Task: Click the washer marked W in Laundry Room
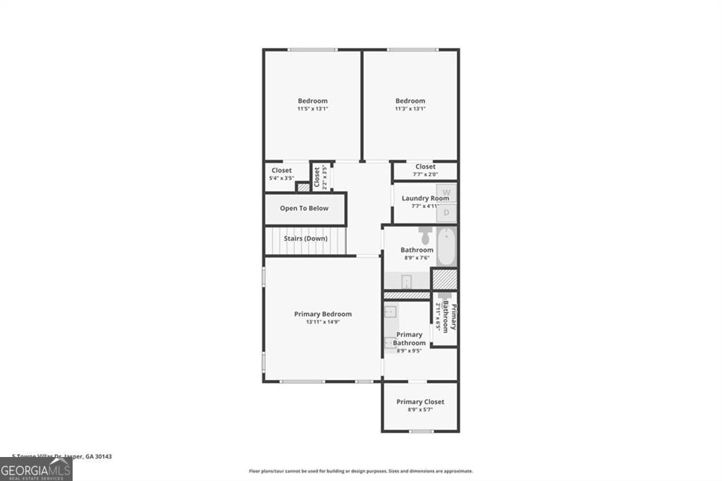pos(446,192)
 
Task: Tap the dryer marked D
pos(446,212)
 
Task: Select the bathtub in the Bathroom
pos(446,246)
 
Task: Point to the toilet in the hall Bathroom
pos(425,234)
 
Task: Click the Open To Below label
pos(305,208)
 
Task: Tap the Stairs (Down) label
pos(305,238)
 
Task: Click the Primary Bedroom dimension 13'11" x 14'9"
pos(322,322)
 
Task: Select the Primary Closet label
pos(420,402)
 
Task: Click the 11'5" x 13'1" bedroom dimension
pos(312,109)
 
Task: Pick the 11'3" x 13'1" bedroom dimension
pos(410,109)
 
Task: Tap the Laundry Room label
pos(425,198)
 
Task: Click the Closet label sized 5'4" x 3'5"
pos(281,171)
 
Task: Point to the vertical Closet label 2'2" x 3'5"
pos(317,177)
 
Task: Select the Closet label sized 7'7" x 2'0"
pos(425,167)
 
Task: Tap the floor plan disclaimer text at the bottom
pos(360,471)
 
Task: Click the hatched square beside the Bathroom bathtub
pos(444,279)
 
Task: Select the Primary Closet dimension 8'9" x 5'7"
pos(420,410)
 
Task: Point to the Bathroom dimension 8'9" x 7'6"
pos(417,258)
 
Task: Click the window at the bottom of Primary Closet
pos(421,431)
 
